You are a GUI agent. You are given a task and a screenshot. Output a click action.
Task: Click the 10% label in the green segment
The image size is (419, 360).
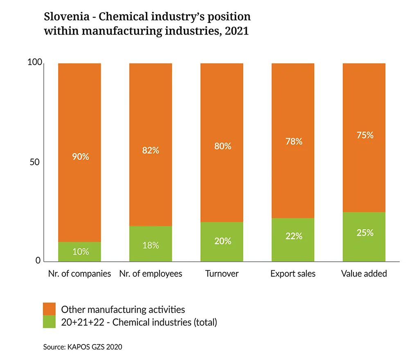pyautogui.click(x=81, y=251)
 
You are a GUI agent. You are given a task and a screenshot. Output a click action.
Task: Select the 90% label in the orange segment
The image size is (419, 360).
pyautogui.click(x=81, y=156)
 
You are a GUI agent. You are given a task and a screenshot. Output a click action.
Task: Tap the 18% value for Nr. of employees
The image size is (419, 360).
pyautogui.click(x=151, y=245)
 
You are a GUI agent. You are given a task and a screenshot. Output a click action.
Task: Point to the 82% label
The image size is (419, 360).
pyautogui.click(x=151, y=150)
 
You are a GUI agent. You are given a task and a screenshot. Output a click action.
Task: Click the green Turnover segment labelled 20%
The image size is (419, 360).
pyautogui.click(x=222, y=241)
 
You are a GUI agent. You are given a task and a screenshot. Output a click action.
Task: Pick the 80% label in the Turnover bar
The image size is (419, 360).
pyautogui.click(x=223, y=146)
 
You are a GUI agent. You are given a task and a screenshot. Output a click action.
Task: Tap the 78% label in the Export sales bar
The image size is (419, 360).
pyautogui.click(x=293, y=141)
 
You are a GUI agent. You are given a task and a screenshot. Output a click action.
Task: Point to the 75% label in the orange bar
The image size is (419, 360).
pyautogui.click(x=364, y=135)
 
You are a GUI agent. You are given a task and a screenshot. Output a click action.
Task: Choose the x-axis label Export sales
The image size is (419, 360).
pyautogui.click(x=293, y=274)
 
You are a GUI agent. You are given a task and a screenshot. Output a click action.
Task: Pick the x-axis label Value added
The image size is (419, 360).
pyautogui.click(x=364, y=274)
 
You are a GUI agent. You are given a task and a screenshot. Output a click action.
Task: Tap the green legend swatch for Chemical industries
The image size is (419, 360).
pyautogui.click(x=49, y=322)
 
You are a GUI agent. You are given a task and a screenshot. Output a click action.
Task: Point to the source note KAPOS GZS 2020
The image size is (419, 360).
pyautogui.click(x=82, y=346)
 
